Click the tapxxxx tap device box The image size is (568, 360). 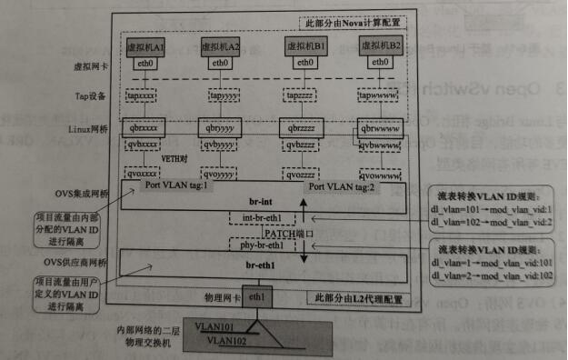[x=144, y=95]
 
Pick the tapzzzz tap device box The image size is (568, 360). [x=300, y=95]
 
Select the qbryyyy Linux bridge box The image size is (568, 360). [x=224, y=128]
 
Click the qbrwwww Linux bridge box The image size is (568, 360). [x=378, y=128]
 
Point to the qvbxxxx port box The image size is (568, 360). [x=145, y=144]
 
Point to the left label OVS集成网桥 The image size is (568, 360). [x=88, y=192]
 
